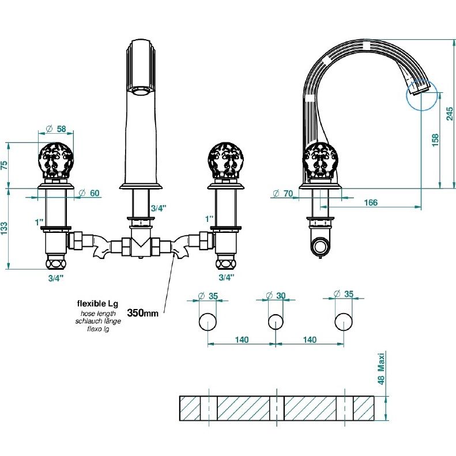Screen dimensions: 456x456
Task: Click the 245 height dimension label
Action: pyautogui.click(x=450, y=114)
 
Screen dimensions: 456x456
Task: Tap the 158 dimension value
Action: pyautogui.click(x=435, y=140)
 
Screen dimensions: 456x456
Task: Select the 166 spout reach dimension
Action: pyautogui.click(x=371, y=202)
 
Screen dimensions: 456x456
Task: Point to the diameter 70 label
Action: pyautogui.click(x=283, y=193)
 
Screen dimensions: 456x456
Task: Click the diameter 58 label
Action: pyautogui.click(x=56, y=129)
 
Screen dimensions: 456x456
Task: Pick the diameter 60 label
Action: pyautogui.click(x=89, y=193)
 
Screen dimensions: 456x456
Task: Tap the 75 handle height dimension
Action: pyautogui.click(x=5, y=165)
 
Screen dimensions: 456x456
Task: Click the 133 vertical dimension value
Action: pyautogui.click(x=5, y=229)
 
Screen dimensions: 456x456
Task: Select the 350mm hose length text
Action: pyautogui.click(x=143, y=313)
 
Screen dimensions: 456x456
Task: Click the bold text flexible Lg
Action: pyautogui.click(x=98, y=304)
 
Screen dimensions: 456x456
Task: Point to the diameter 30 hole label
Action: pyautogui.click(x=276, y=296)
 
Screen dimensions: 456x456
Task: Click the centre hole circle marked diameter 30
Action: pyautogui.click(x=276, y=322)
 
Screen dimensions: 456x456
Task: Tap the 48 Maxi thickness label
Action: pyautogui.click(x=381, y=368)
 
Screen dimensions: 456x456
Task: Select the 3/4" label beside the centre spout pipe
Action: pyautogui.click(x=158, y=208)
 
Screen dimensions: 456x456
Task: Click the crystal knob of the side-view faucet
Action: pyautogui.click(x=320, y=160)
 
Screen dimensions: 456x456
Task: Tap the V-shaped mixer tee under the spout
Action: pyautogui.click(x=141, y=242)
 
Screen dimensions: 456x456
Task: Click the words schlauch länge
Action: pyautogui.click(x=98, y=321)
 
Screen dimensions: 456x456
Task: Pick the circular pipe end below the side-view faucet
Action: pyautogui.click(x=320, y=245)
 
